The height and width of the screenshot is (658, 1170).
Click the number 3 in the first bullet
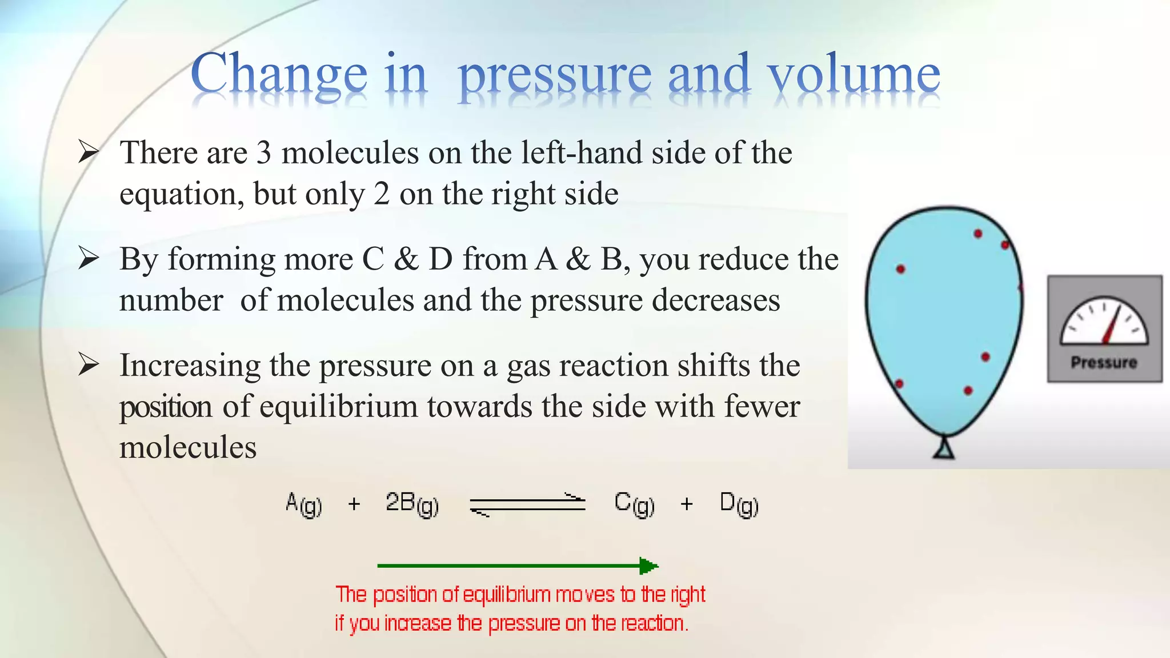(263, 153)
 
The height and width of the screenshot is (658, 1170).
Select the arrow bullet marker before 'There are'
(89, 152)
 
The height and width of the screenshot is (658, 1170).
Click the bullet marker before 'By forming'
(89, 258)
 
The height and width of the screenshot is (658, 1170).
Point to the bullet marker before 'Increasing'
(89, 364)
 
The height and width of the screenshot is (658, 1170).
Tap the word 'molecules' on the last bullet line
(188, 447)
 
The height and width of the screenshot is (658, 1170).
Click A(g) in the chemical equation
(303, 504)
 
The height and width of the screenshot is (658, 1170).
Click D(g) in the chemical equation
(739, 504)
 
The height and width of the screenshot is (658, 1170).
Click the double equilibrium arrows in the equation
(527, 504)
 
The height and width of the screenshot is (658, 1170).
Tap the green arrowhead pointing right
(648, 566)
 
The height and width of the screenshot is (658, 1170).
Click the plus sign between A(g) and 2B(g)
(354, 504)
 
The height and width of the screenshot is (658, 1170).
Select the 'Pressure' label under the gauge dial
(1104, 363)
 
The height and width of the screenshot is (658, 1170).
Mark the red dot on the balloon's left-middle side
(901, 269)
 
